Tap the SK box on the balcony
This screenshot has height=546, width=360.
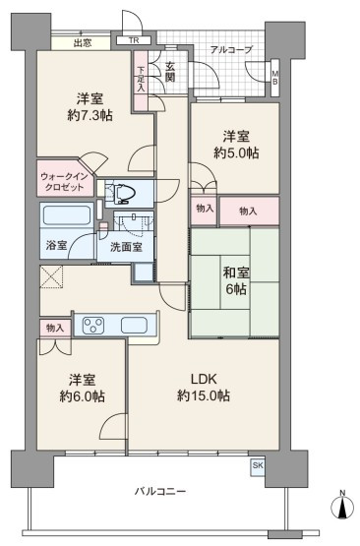point(258,465)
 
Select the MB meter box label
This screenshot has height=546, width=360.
point(275,78)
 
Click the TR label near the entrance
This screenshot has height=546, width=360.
point(134,40)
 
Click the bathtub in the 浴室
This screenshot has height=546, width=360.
point(66,215)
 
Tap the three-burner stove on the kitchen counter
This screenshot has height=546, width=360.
point(93,326)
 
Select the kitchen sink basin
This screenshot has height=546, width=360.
point(134,326)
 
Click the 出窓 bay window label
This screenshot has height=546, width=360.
point(83,43)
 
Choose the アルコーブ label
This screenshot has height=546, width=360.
point(231,50)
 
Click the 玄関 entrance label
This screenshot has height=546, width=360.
point(170,72)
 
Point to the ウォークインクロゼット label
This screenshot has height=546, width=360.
point(64,181)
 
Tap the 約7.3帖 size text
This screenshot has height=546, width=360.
point(90,115)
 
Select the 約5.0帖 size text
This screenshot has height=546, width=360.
point(236,152)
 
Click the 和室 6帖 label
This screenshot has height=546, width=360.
point(236,280)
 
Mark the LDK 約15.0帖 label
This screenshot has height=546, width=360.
point(204,387)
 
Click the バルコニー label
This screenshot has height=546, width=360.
point(160,491)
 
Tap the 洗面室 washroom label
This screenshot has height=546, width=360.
point(126,247)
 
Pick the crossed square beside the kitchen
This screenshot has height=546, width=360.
point(51,276)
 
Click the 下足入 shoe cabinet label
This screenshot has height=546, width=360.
point(141,79)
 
